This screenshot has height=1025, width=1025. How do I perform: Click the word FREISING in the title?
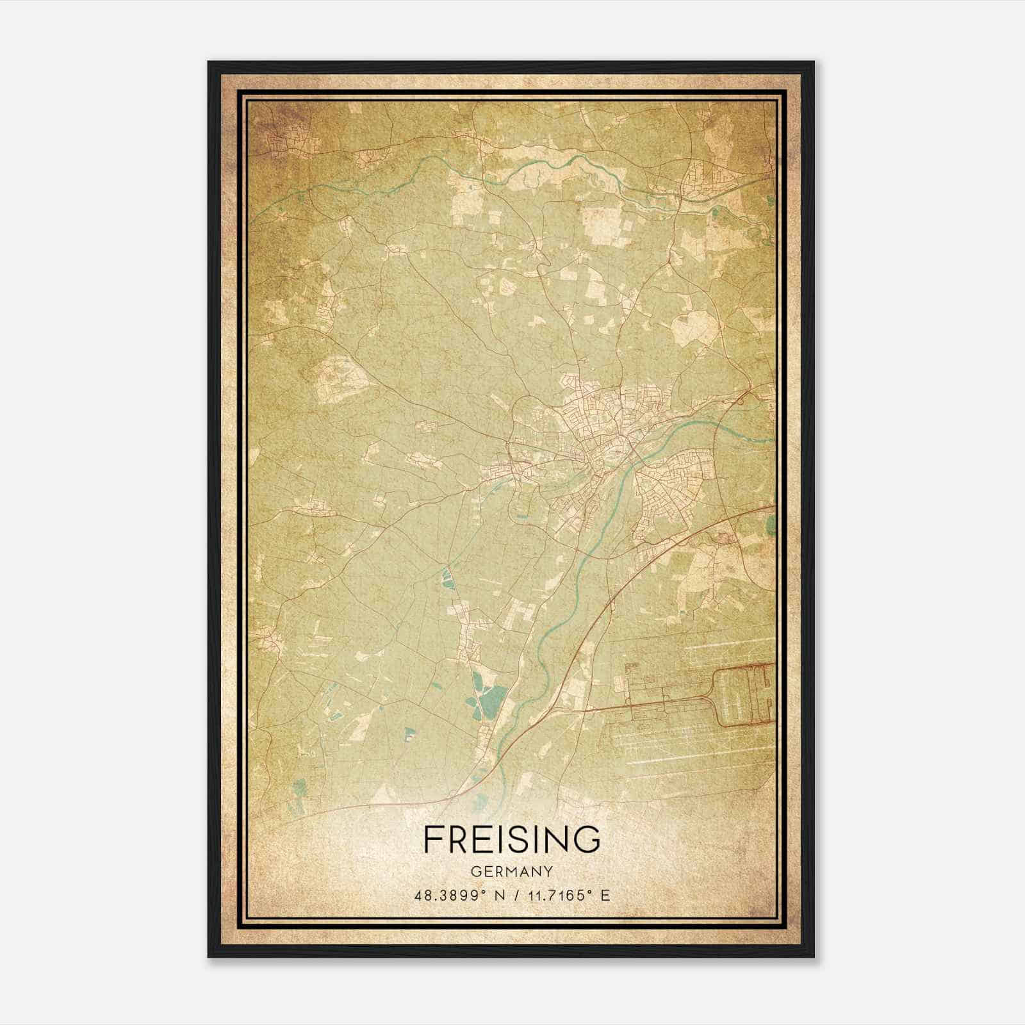512,839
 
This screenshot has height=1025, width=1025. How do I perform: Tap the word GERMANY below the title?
512,872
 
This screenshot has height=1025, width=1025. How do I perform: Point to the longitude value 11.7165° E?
568,895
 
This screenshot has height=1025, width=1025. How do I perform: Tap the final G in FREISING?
588,839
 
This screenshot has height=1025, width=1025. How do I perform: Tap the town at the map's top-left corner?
285,144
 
